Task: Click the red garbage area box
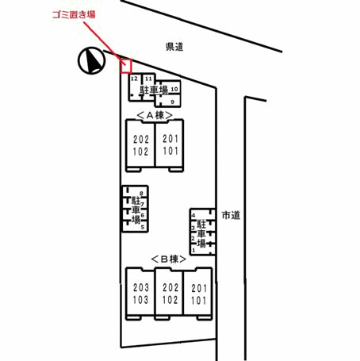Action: pos(126,66)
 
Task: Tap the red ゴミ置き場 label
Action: pos(74,14)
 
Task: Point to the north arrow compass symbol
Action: pos(91,60)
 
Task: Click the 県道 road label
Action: pos(174,47)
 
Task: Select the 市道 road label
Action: pos(231,215)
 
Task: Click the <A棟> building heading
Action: pos(155,115)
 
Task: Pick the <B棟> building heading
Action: pos(169,259)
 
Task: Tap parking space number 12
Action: pos(134,79)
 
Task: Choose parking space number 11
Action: pos(148,79)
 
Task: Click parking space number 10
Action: pos(174,89)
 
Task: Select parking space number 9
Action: pos(173,102)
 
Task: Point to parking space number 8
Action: pos(141,194)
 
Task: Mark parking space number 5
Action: pos(143,227)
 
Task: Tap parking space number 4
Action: pos(193,215)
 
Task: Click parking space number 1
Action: pos(193,250)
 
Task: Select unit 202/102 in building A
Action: pos(140,145)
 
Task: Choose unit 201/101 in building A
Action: pos(170,145)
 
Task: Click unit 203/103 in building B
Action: pos(140,294)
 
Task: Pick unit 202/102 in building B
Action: pos(170,294)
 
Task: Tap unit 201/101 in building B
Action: pos(198,294)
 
